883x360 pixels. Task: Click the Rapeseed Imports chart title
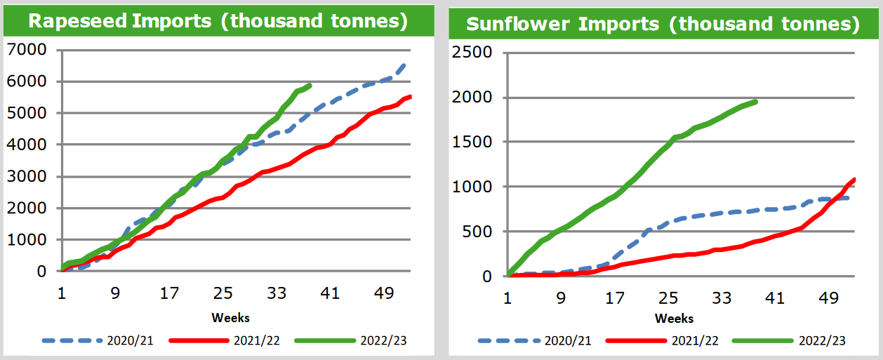[218, 20]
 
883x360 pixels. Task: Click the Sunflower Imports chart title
[663, 24]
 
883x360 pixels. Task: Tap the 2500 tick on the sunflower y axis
[472, 52]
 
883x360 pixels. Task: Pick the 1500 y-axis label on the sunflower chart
[472, 142]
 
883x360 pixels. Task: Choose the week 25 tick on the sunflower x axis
[668, 298]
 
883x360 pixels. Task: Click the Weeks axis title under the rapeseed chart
[230, 317]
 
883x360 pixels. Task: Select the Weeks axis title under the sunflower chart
[674, 318]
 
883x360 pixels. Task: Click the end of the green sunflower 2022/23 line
[755, 102]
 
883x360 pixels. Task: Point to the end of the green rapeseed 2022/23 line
[310, 85]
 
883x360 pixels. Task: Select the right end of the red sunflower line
[855, 180]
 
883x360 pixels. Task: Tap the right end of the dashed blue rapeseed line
[405, 64]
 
